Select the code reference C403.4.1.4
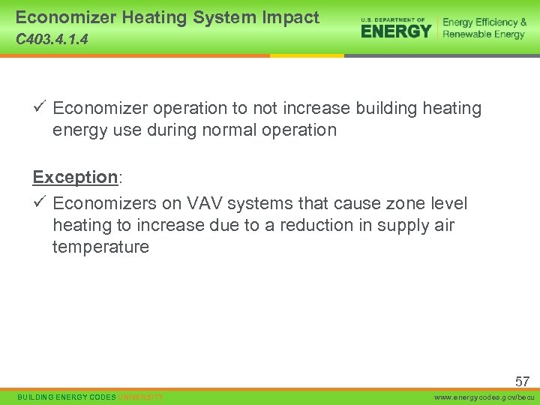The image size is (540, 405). (x=52, y=40)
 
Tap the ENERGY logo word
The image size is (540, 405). (x=396, y=31)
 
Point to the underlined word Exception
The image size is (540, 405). (x=75, y=177)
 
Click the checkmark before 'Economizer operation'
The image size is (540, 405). (x=40, y=108)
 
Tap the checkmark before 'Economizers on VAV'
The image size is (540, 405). (x=40, y=203)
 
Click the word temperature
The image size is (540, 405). (x=100, y=247)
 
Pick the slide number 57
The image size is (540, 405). (x=522, y=382)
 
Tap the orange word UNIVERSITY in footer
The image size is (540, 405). (x=141, y=397)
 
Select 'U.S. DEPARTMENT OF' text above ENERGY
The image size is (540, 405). (x=393, y=19)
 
